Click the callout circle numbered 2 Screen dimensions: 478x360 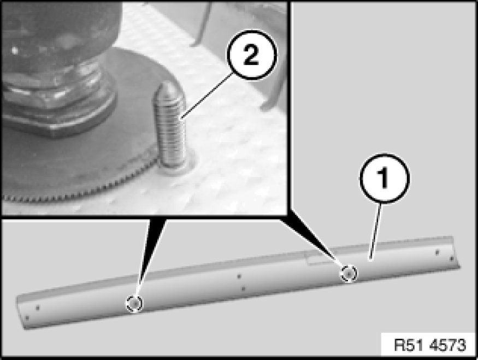point(251,55)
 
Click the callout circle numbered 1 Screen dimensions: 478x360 point(385,178)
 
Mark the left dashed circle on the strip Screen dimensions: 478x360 point(134,303)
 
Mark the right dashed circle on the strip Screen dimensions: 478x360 point(349,274)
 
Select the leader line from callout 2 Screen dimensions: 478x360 point(206,96)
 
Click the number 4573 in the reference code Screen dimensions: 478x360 point(447,345)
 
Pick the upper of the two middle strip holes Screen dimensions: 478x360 point(239,276)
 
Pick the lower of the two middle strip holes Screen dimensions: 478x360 point(243,288)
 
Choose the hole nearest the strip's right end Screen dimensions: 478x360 point(452,259)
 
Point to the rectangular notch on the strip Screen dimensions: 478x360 point(317,259)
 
